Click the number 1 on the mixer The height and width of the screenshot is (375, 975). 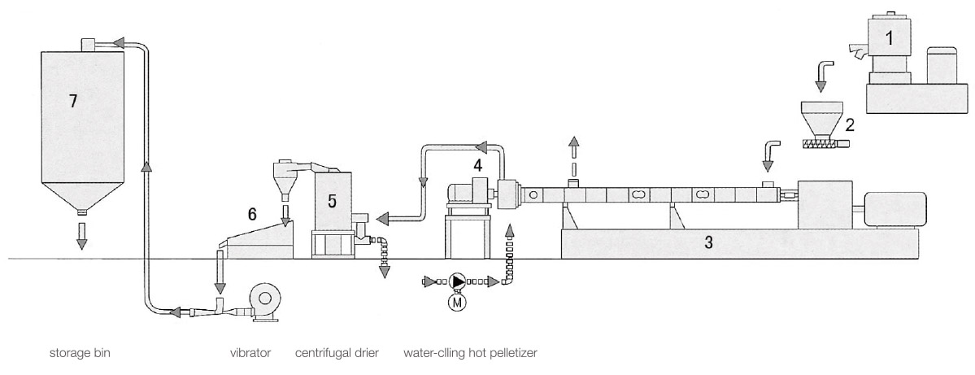click(x=890, y=37)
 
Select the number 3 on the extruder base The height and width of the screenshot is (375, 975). click(x=709, y=242)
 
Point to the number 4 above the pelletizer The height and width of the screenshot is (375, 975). click(x=479, y=165)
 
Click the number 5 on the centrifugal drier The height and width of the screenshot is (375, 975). click(x=333, y=201)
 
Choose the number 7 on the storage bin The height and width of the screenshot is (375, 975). click(x=73, y=101)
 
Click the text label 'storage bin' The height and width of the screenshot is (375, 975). click(x=80, y=354)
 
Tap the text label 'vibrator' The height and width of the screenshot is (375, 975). click(x=250, y=354)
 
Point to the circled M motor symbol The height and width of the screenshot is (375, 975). click(x=458, y=302)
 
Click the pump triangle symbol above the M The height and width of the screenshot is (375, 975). click(x=458, y=281)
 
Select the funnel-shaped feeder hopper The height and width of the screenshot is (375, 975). click(x=820, y=117)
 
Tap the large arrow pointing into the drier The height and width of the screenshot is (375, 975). click(x=398, y=218)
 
